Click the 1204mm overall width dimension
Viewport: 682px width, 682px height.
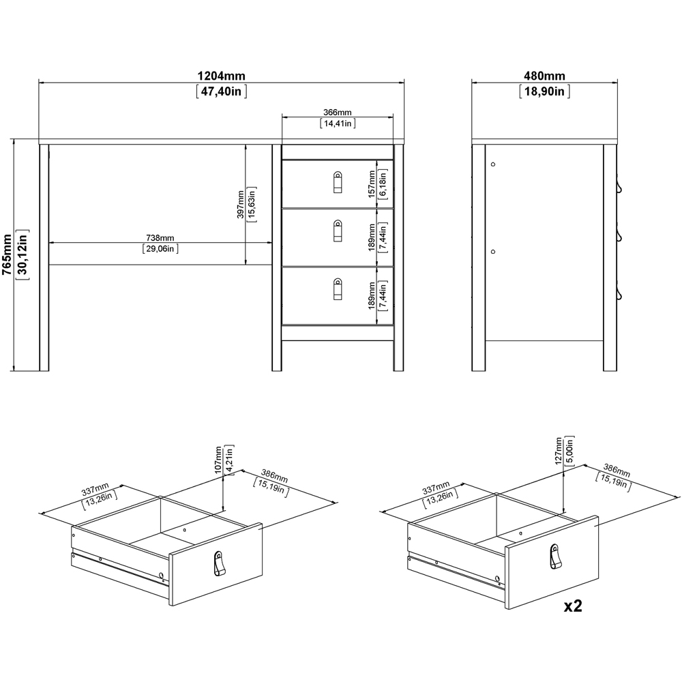[x=222, y=76]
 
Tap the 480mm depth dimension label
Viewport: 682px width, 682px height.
[x=544, y=76]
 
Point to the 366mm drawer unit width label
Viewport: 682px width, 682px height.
[x=338, y=113]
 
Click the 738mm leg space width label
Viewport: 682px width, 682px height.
[x=160, y=237]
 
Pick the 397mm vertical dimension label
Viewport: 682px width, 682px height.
[x=241, y=203]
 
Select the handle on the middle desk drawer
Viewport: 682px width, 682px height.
[x=337, y=230]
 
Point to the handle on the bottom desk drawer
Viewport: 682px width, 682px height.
[x=337, y=288]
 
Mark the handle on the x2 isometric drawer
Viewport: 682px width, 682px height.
[x=555, y=555]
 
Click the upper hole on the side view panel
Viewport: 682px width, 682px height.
[x=492, y=164]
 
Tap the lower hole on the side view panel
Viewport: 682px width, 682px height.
[x=492, y=251]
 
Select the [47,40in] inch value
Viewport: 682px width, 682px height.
[x=222, y=91]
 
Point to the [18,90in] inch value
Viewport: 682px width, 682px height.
[x=544, y=91]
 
